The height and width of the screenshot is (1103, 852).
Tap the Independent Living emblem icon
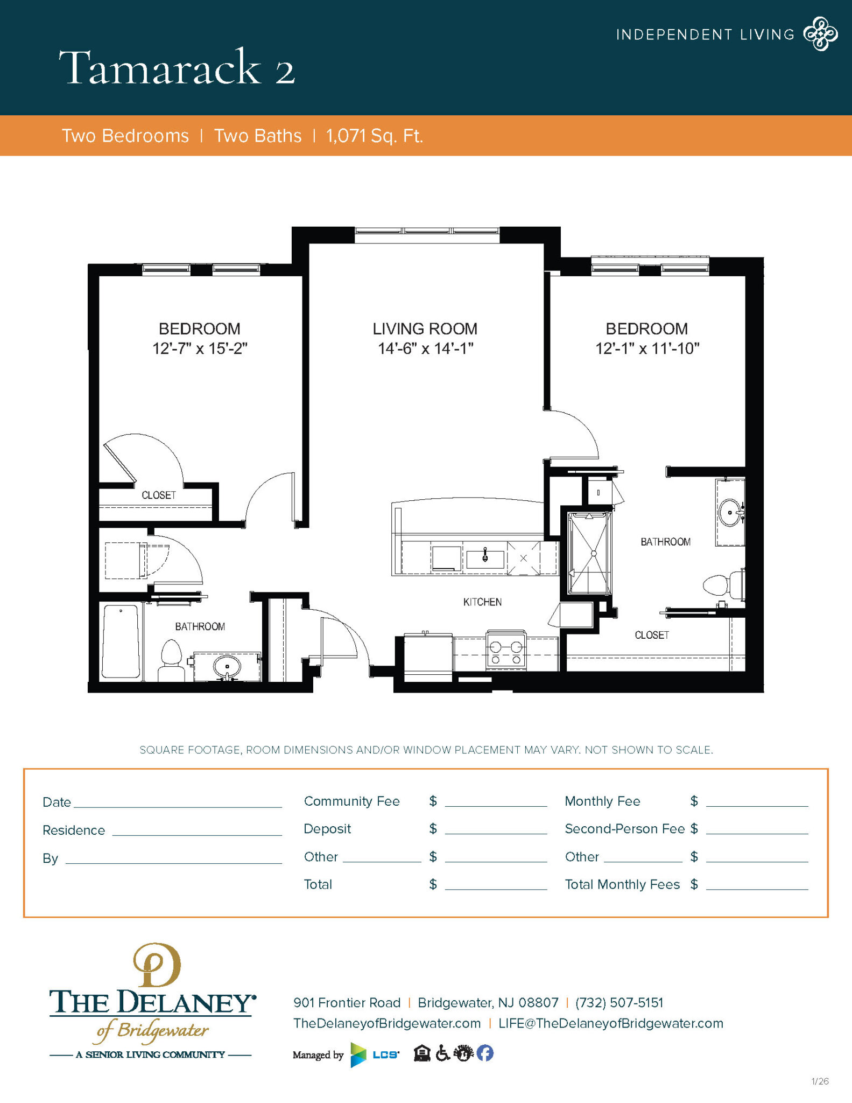pos(820,34)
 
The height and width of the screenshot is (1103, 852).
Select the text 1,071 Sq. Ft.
pos(374,136)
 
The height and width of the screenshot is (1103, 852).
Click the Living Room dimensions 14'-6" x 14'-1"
pos(425,348)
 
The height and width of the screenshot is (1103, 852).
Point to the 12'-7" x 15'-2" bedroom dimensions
pos(200,348)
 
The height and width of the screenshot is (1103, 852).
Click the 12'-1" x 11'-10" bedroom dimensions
pos(647,348)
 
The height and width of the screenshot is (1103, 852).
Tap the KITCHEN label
pos(482,602)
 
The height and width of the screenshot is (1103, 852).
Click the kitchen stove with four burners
pos(506,652)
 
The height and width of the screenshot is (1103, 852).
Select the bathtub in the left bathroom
pos(121,641)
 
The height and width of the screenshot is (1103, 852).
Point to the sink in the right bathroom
pos(730,512)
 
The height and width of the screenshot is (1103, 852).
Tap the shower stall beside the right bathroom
pos(590,553)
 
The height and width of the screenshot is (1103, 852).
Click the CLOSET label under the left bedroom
pos(158,495)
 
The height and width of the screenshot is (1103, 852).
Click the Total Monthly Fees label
pos(622,884)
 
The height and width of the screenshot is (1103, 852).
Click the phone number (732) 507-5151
pos(619,1002)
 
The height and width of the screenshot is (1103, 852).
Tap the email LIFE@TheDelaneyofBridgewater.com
pos(610,1023)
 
